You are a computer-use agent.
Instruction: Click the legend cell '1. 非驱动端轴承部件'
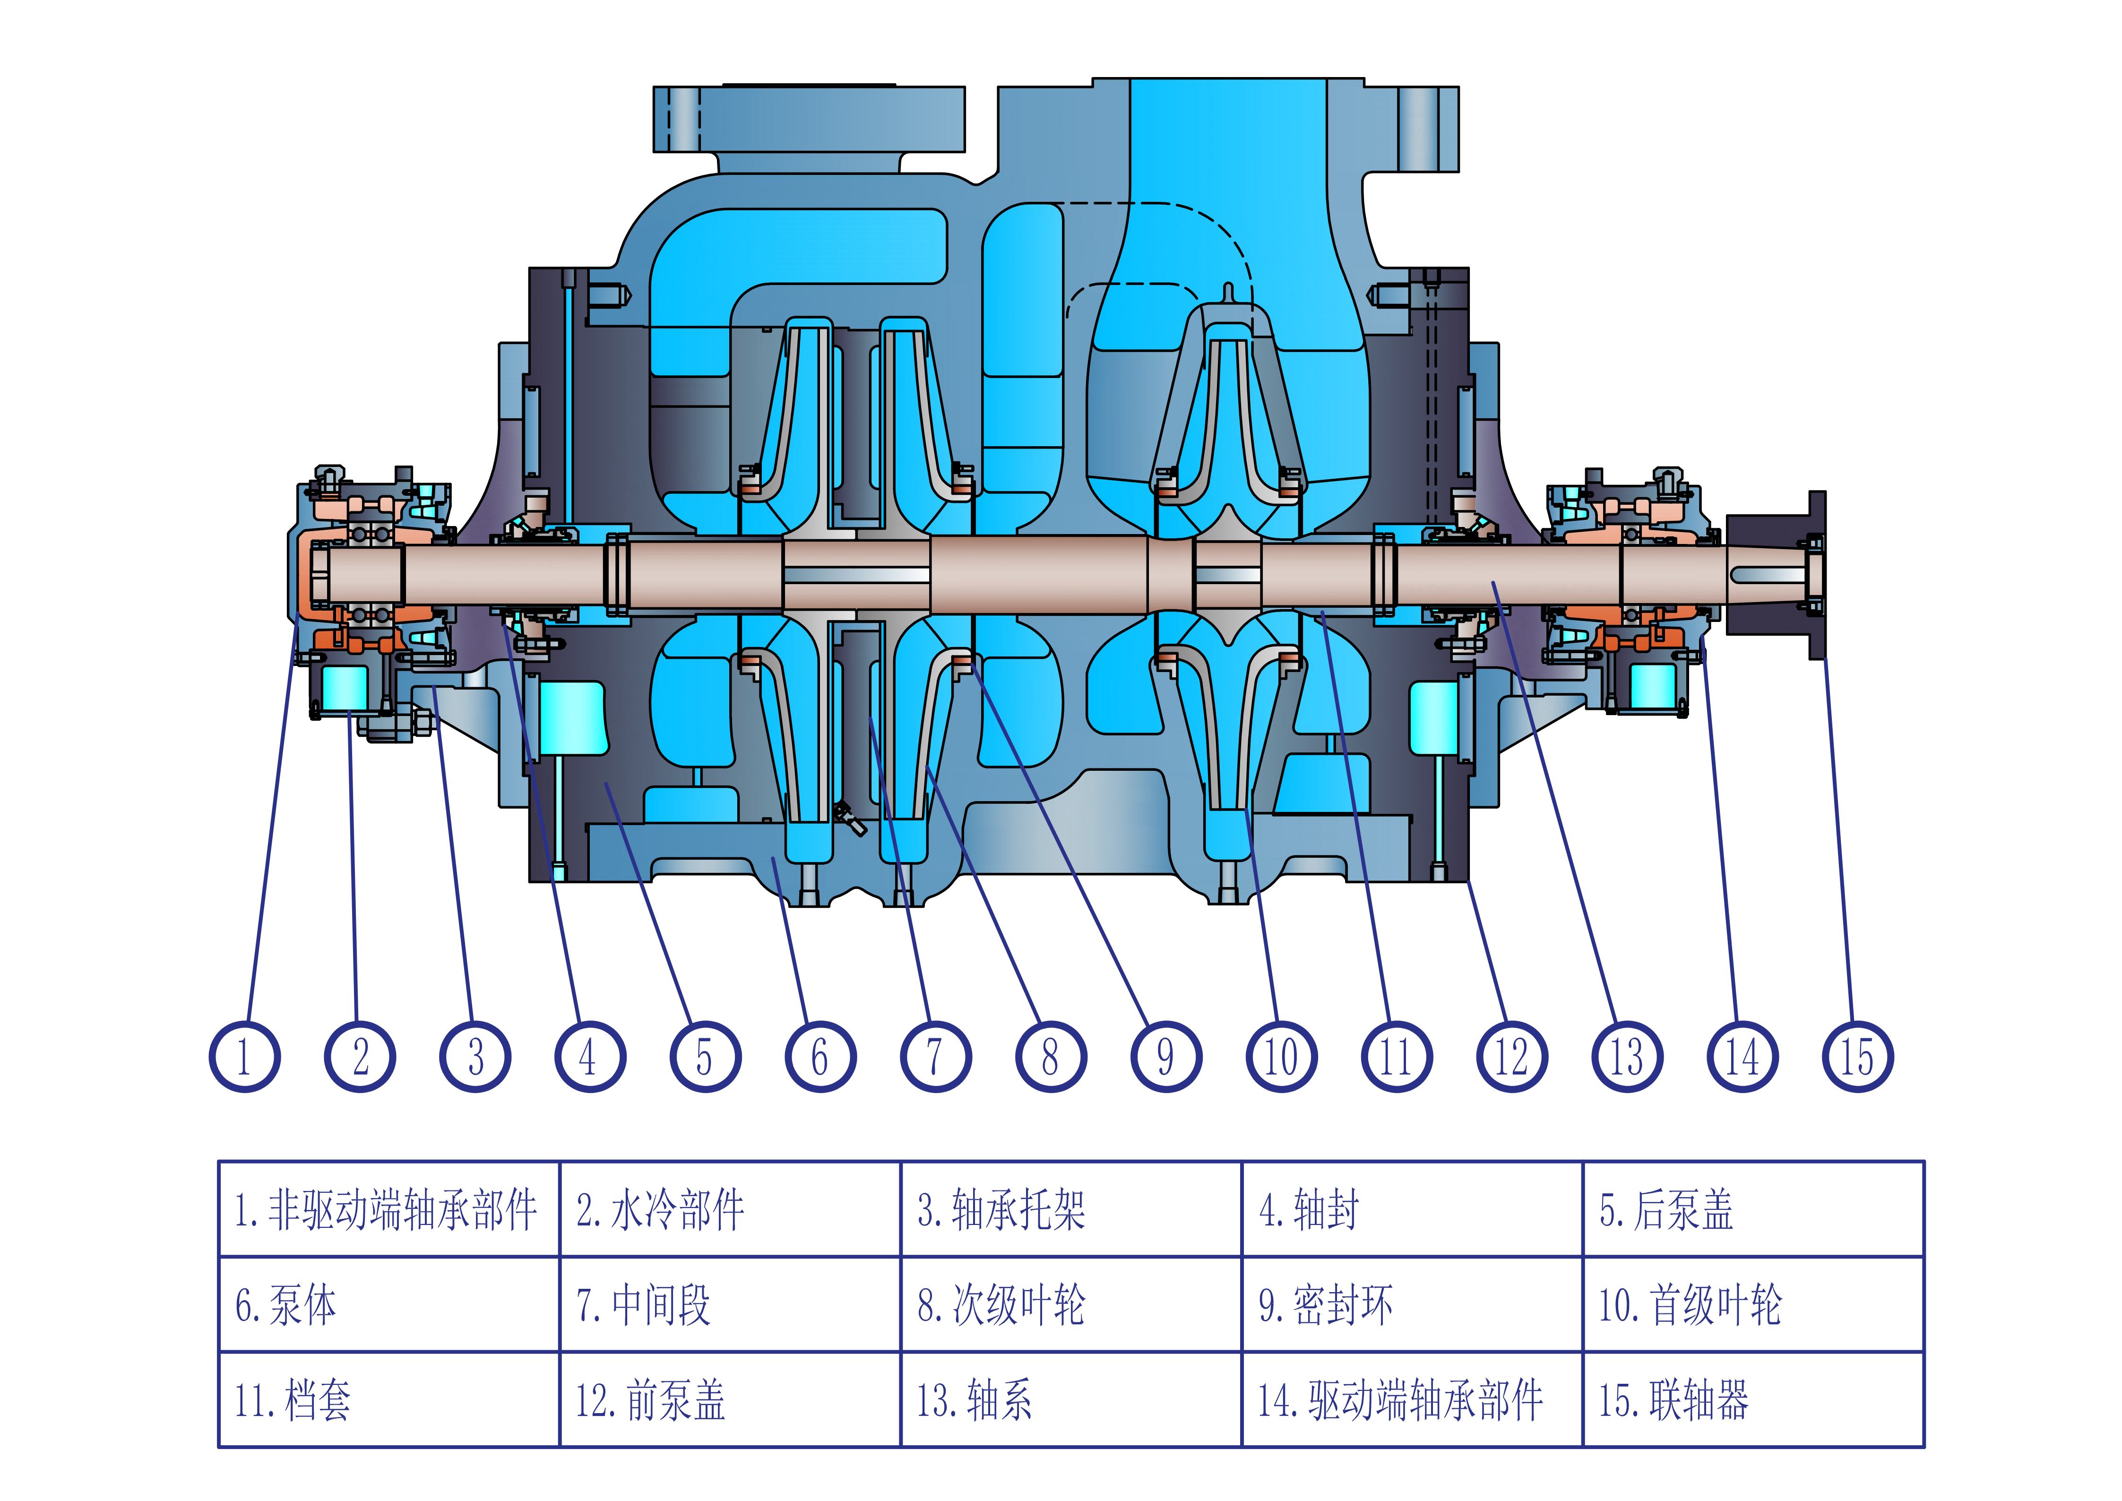(x=389, y=1209)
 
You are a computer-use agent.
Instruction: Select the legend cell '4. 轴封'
(x=1412, y=1209)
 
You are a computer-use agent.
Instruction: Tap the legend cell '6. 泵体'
(x=389, y=1304)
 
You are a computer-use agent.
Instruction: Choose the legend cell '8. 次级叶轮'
(x=1071, y=1304)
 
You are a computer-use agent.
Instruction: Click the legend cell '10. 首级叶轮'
(x=1753, y=1304)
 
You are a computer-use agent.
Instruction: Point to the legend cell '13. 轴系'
(x=1071, y=1399)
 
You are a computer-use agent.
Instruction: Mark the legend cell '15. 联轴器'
(x=1753, y=1399)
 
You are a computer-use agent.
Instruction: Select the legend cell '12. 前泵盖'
(x=730, y=1399)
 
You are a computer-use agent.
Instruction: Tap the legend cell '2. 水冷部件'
(x=730, y=1209)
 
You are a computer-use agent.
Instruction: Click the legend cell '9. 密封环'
(x=1412, y=1304)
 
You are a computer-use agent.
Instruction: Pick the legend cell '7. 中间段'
(x=730, y=1304)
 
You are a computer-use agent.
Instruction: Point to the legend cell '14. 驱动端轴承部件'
(x=1412, y=1399)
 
